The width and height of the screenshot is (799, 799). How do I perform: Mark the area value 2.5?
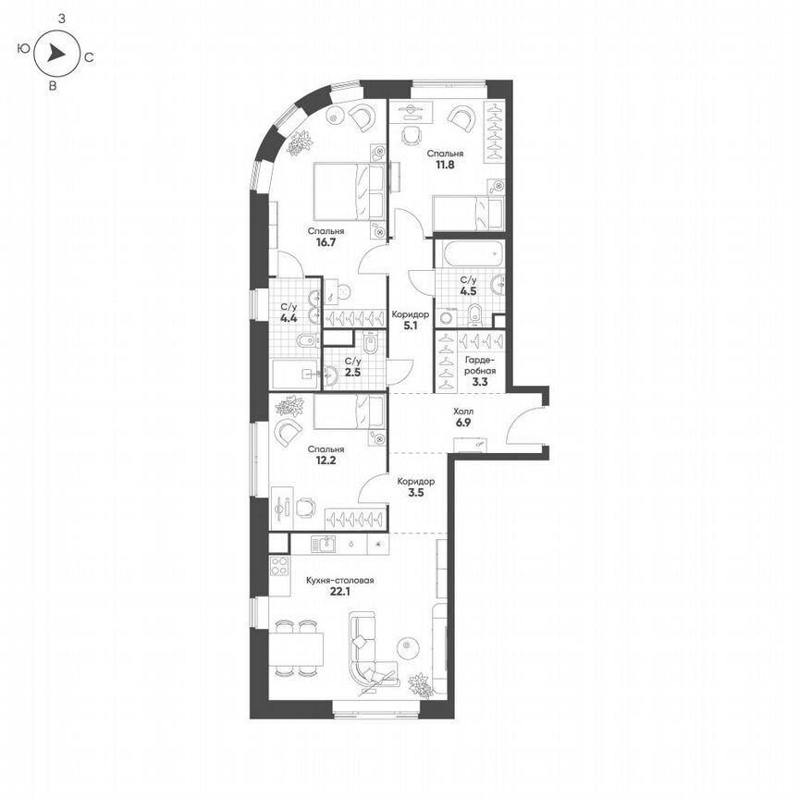click(352, 373)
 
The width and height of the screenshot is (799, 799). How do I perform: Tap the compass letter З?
click(61, 18)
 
